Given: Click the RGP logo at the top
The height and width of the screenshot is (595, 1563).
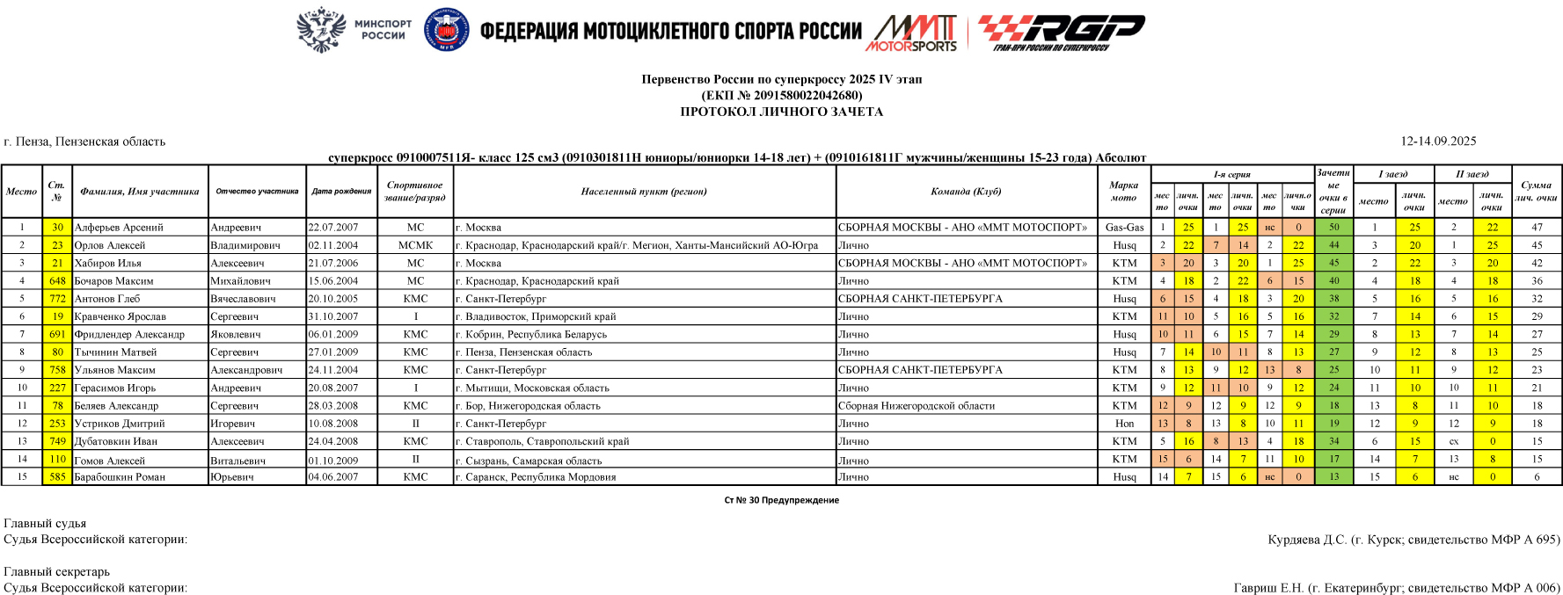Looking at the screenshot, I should tap(1061, 33).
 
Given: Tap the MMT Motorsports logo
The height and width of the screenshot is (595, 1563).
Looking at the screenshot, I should tap(913, 33).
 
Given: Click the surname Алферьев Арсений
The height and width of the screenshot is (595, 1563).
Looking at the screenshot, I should tap(119, 228).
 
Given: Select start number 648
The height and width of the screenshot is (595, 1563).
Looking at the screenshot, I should tap(57, 281).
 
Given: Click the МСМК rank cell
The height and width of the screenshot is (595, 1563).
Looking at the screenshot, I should tap(415, 245).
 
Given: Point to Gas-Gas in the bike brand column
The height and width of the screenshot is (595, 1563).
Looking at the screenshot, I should tap(1124, 228).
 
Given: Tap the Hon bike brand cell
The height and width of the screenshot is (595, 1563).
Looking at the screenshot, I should tap(1124, 424).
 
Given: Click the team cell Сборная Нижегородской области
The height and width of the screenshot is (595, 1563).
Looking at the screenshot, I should tap(917, 406).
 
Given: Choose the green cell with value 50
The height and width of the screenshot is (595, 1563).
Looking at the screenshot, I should tap(1333, 228).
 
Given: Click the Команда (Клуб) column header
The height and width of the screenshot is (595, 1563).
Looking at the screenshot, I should tap(966, 192).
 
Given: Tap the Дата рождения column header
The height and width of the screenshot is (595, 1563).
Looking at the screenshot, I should tap(341, 192).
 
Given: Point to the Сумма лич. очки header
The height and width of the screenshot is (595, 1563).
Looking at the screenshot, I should tap(1536, 192).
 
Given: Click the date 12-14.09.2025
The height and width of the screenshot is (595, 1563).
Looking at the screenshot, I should tap(1438, 141).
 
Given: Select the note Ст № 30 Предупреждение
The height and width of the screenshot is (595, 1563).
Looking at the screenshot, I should tap(781, 500).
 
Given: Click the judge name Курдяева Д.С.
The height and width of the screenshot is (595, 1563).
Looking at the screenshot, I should tap(1307, 540).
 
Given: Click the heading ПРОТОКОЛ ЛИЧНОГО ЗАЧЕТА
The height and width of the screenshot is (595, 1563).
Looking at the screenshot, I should tap(781, 112).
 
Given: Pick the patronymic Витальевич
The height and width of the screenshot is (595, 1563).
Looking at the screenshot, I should tap(237, 461).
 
